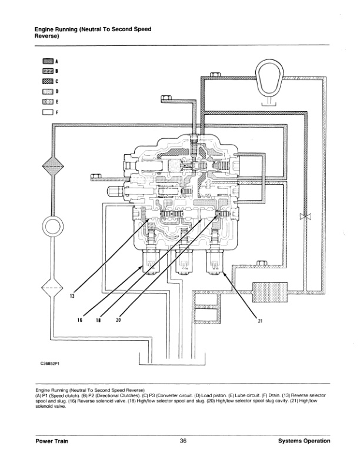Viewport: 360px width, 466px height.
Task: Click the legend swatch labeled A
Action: (47, 61)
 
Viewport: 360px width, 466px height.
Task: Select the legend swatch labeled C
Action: (47, 81)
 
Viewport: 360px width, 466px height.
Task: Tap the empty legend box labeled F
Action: (47, 112)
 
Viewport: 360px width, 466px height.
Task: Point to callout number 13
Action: (72, 296)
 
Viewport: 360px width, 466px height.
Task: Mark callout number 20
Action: (118, 321)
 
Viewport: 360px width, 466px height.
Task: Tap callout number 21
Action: (259, 321)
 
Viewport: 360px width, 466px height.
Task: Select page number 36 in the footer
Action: (183, 441)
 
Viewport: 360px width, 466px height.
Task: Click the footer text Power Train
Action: (51, 441)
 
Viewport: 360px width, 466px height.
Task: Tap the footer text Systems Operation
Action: (304, 441)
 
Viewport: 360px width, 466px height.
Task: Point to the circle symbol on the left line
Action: (52, 225)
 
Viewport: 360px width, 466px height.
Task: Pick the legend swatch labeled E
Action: (47, 101)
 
